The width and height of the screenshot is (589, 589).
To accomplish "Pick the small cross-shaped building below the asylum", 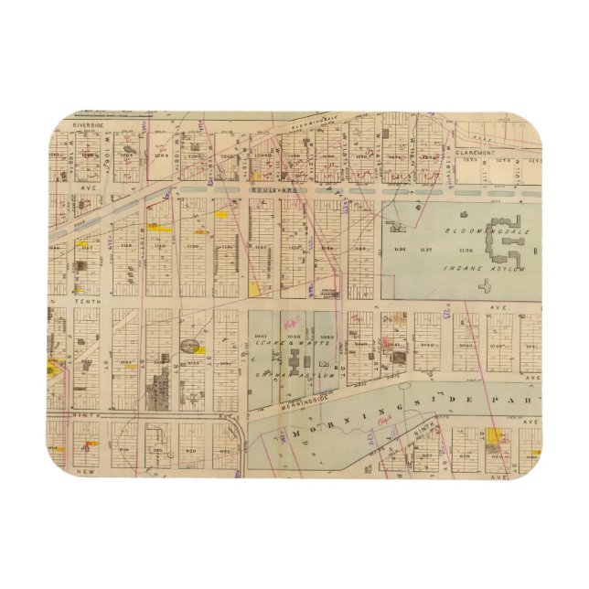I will click(484, 285).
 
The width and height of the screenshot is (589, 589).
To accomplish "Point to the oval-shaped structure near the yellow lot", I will click(191, 346).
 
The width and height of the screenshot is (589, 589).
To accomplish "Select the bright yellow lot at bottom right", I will click(497, 437).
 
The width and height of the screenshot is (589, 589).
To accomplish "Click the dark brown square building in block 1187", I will click(81, 266).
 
